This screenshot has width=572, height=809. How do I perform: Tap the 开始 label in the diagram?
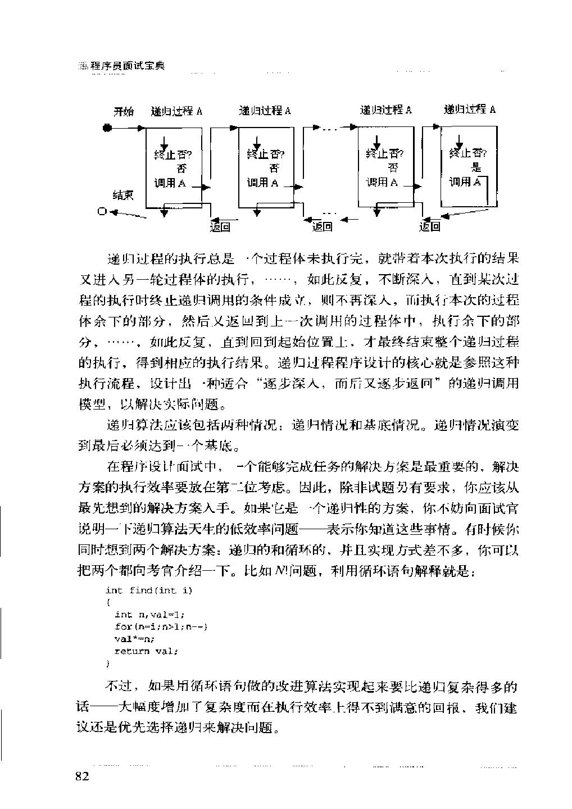(124, 111)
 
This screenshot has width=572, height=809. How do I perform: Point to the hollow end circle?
(101, 211)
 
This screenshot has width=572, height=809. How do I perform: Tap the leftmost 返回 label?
(220, 226)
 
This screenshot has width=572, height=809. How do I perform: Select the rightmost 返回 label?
(430, 226)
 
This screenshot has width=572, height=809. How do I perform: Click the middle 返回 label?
(322, 226)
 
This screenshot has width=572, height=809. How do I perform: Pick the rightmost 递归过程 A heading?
(469, 110)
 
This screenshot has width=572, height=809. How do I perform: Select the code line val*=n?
(134, 639)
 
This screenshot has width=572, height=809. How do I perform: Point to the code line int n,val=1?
(149, 615)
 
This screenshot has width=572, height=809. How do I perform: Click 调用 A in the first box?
(170, 183)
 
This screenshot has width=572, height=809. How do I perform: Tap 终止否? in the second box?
(266, 153)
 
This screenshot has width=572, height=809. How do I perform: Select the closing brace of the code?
(108, 663)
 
